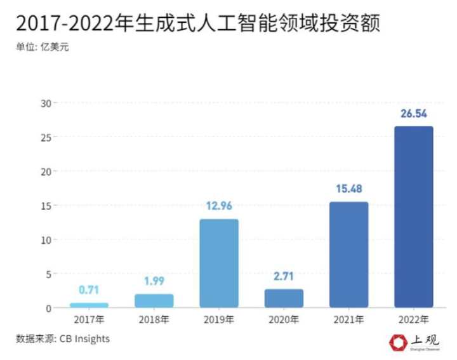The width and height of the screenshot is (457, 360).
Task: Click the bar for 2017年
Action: tap(89, 305)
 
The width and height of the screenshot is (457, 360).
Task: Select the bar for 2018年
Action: tap(154, 301)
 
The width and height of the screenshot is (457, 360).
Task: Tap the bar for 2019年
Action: tap(219, 263)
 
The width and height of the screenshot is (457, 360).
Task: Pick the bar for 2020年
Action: tap(284, 298)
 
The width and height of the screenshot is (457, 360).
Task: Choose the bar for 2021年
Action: tap(348, 255)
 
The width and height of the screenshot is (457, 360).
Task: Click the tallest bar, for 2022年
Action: tap(413, 217)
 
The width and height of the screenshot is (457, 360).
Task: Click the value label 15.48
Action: tap(348, 189)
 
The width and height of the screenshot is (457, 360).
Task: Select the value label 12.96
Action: tap(219, 206)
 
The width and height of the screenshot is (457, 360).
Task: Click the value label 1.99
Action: tap(154, 281)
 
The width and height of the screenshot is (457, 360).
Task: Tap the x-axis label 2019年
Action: tap(219, 319)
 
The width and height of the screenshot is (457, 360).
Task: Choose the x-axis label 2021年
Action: tap(348, 319)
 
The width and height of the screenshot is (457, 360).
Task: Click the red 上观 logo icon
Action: tap(398, 342)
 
